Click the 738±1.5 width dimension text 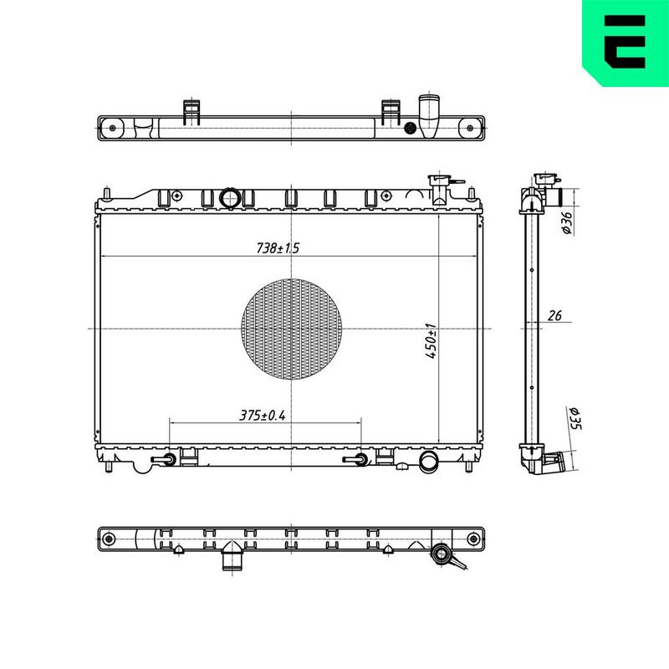coord(278,248)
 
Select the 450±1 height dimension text coord(432,341)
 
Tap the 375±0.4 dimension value coord(262,415)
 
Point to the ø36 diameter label coord(566,222)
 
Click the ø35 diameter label coord(575,418)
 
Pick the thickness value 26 coord(554,316)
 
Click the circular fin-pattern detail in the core coord(291,329)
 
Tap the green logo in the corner coord(626,43)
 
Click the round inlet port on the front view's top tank coord(230,198)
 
